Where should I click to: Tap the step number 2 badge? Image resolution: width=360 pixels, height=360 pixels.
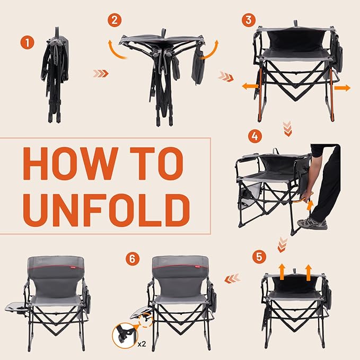tap(113, 21)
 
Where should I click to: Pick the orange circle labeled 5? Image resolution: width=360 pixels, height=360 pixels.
tap(259, 257)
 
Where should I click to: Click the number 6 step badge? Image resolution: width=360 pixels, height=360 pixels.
tap(133, 259)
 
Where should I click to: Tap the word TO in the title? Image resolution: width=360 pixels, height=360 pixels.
tap(157, 164)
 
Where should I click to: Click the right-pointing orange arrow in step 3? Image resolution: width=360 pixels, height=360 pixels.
tap(342, 87)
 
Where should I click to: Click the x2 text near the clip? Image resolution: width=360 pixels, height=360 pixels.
tap(141, 344)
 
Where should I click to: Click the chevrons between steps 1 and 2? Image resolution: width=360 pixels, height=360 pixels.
tap(100, 73)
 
